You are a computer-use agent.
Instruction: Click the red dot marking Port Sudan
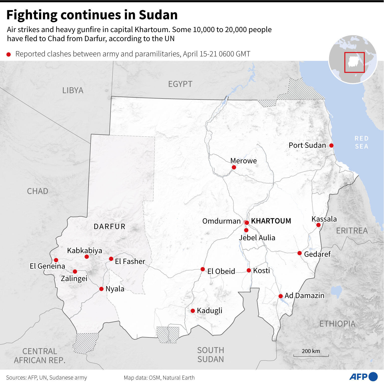pyautogui.click(x=331, y=145)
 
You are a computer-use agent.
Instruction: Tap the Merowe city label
pyautogui.click(x=243, y=161)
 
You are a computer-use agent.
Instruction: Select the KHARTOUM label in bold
pyautogui.click(x=271, y=221)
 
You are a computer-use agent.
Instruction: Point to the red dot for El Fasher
pyautogui.click(x=111, y=259)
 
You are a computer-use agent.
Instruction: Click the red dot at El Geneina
pyautogui.click(x=56, y=260)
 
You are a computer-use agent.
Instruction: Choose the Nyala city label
pyautogui.click(x=115, y=289)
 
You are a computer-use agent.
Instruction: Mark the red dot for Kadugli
pyautogui.click(x=193, y=311)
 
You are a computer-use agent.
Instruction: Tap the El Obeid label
pyautogui.click(x=221, y=271)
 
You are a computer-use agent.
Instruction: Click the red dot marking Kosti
pyautogui.click(x=249, y=270)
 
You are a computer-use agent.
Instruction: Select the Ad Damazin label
pyautogui.click(x=304, y=296)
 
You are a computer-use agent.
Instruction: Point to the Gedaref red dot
pyautogui.click(x=300, y=253)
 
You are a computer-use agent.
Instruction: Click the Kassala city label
pyautogui.click(x=324, y=219)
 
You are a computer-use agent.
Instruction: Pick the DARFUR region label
pyautogui.click(x=110, y=227)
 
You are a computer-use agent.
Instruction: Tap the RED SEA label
pyautogui.click(x=361, y=142)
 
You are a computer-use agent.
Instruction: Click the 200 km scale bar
pyautogui.click(x=311, y=355)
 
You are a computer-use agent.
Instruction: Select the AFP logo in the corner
pyautogui.click(x=363, y=376)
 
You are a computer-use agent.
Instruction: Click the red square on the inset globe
pyautogui.click(x=354, y=62)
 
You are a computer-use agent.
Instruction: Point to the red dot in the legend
pyautogui.click(x=9, y=54)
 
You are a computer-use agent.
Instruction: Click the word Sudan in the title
pyautogui.click(x=158, y=15)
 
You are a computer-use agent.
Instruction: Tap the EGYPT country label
pyautogui.click(x=180, y=84)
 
